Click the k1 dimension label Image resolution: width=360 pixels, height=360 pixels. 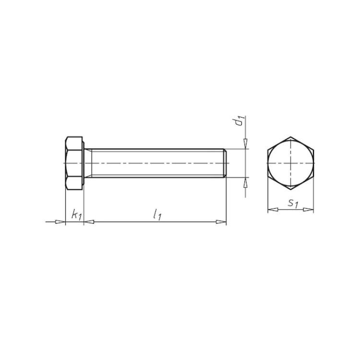(x=77, y=215)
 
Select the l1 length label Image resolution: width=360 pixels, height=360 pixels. (x=157, y=215)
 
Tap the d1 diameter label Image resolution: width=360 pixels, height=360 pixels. (x=240, y=121)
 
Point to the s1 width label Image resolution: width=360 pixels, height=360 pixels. (x=293, y=204)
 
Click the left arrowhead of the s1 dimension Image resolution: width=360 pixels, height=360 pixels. (x=273, y=209)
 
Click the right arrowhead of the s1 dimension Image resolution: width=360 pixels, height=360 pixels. (x=308, y=209)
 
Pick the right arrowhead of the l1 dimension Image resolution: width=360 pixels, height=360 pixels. (x=221, y=222)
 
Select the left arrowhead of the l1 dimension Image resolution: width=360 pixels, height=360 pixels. (x=89, y=222)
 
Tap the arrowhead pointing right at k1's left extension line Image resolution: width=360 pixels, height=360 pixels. (x=60, y=222)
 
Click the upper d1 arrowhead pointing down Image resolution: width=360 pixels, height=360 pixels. (x=245, y=144)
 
